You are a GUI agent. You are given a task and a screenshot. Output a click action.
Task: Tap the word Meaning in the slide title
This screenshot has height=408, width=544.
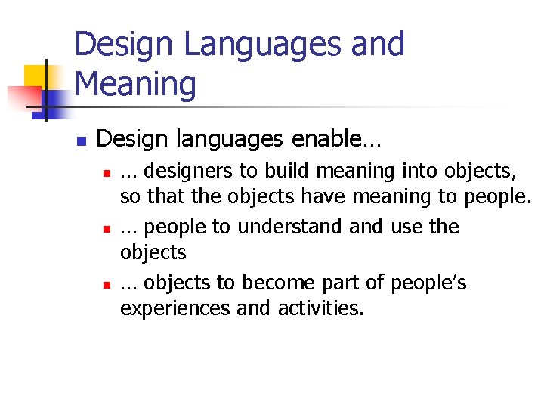tap(136, 84)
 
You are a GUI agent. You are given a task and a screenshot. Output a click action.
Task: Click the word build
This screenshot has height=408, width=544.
tap(288, 172)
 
